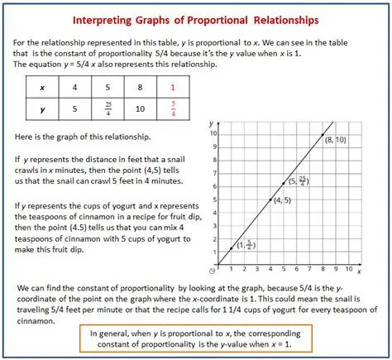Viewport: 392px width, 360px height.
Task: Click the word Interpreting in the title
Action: [x=108, y=18]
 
